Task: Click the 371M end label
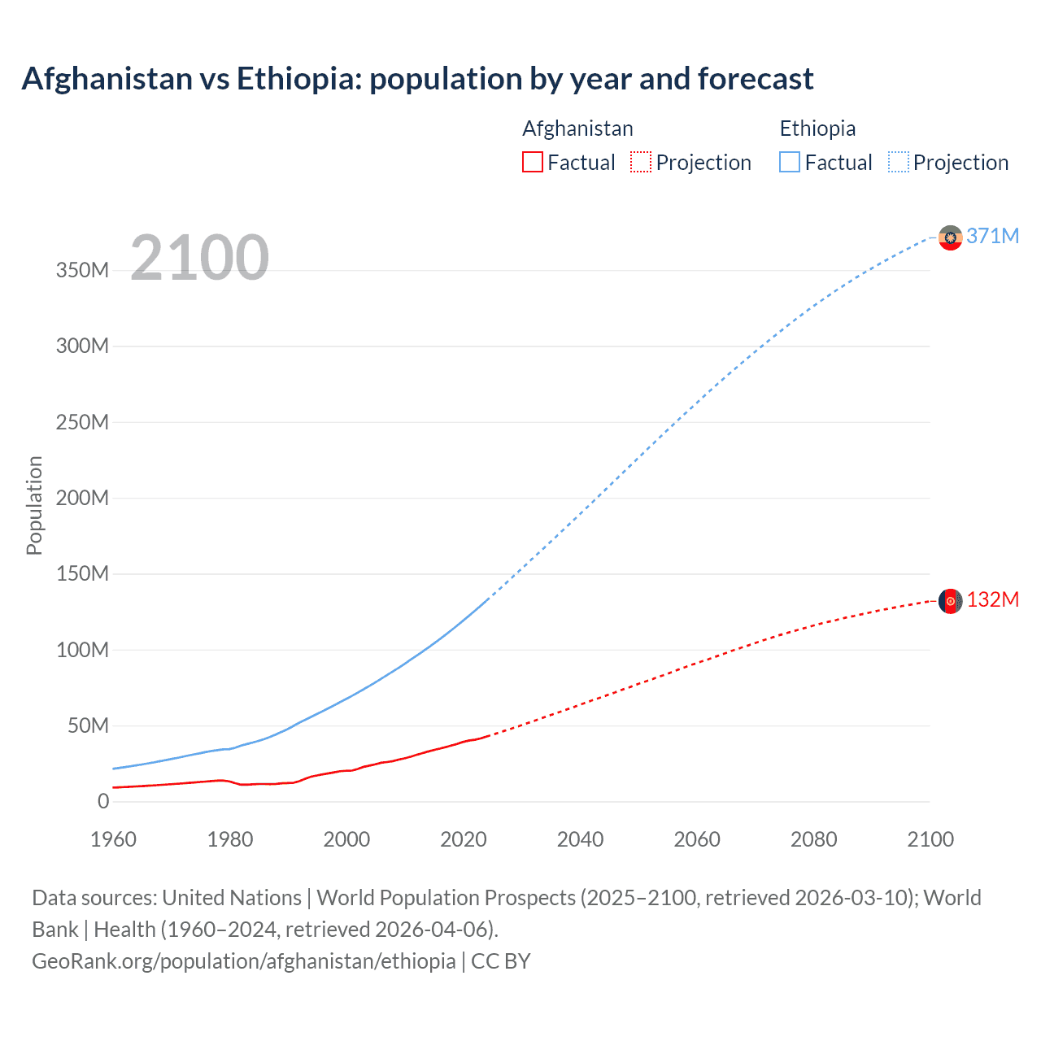pyautogui.click(x=992, y=236)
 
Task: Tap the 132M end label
pyautogui.click(x=992, y=599)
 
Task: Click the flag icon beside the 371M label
pyautogui.click(x=950, y=237)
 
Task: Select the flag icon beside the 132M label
pyautogui.click(x=950, y=601)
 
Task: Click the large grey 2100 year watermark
pyautogui.click(x=199, y=258)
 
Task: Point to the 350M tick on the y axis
pyautogui.click(x=82, y=270)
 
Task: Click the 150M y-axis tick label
pyautogui.click(x=82, y=574)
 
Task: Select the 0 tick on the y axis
pyautogui.click(x=103, y=801)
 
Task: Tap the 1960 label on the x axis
pyautogui.click(x=113, y=839)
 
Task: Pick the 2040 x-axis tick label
pyautogui.click(x=580, y=839)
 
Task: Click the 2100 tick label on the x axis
pyautogui.click(x=930, y=839)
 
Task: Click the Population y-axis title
pyautogui.click(x=34, y=505)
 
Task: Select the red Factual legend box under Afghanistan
pyautogui.click(x=532, y=163)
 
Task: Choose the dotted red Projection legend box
pyautogui.click(x=641, y=163)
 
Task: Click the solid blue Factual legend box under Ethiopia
pyautogui.click(x=790, y=163)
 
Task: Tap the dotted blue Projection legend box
pyautogui.click(x=898, y=163)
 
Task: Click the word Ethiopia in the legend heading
pyautogui.click(x=817, y=128)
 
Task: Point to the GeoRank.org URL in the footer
pyautogui.click(x=244, y=961)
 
